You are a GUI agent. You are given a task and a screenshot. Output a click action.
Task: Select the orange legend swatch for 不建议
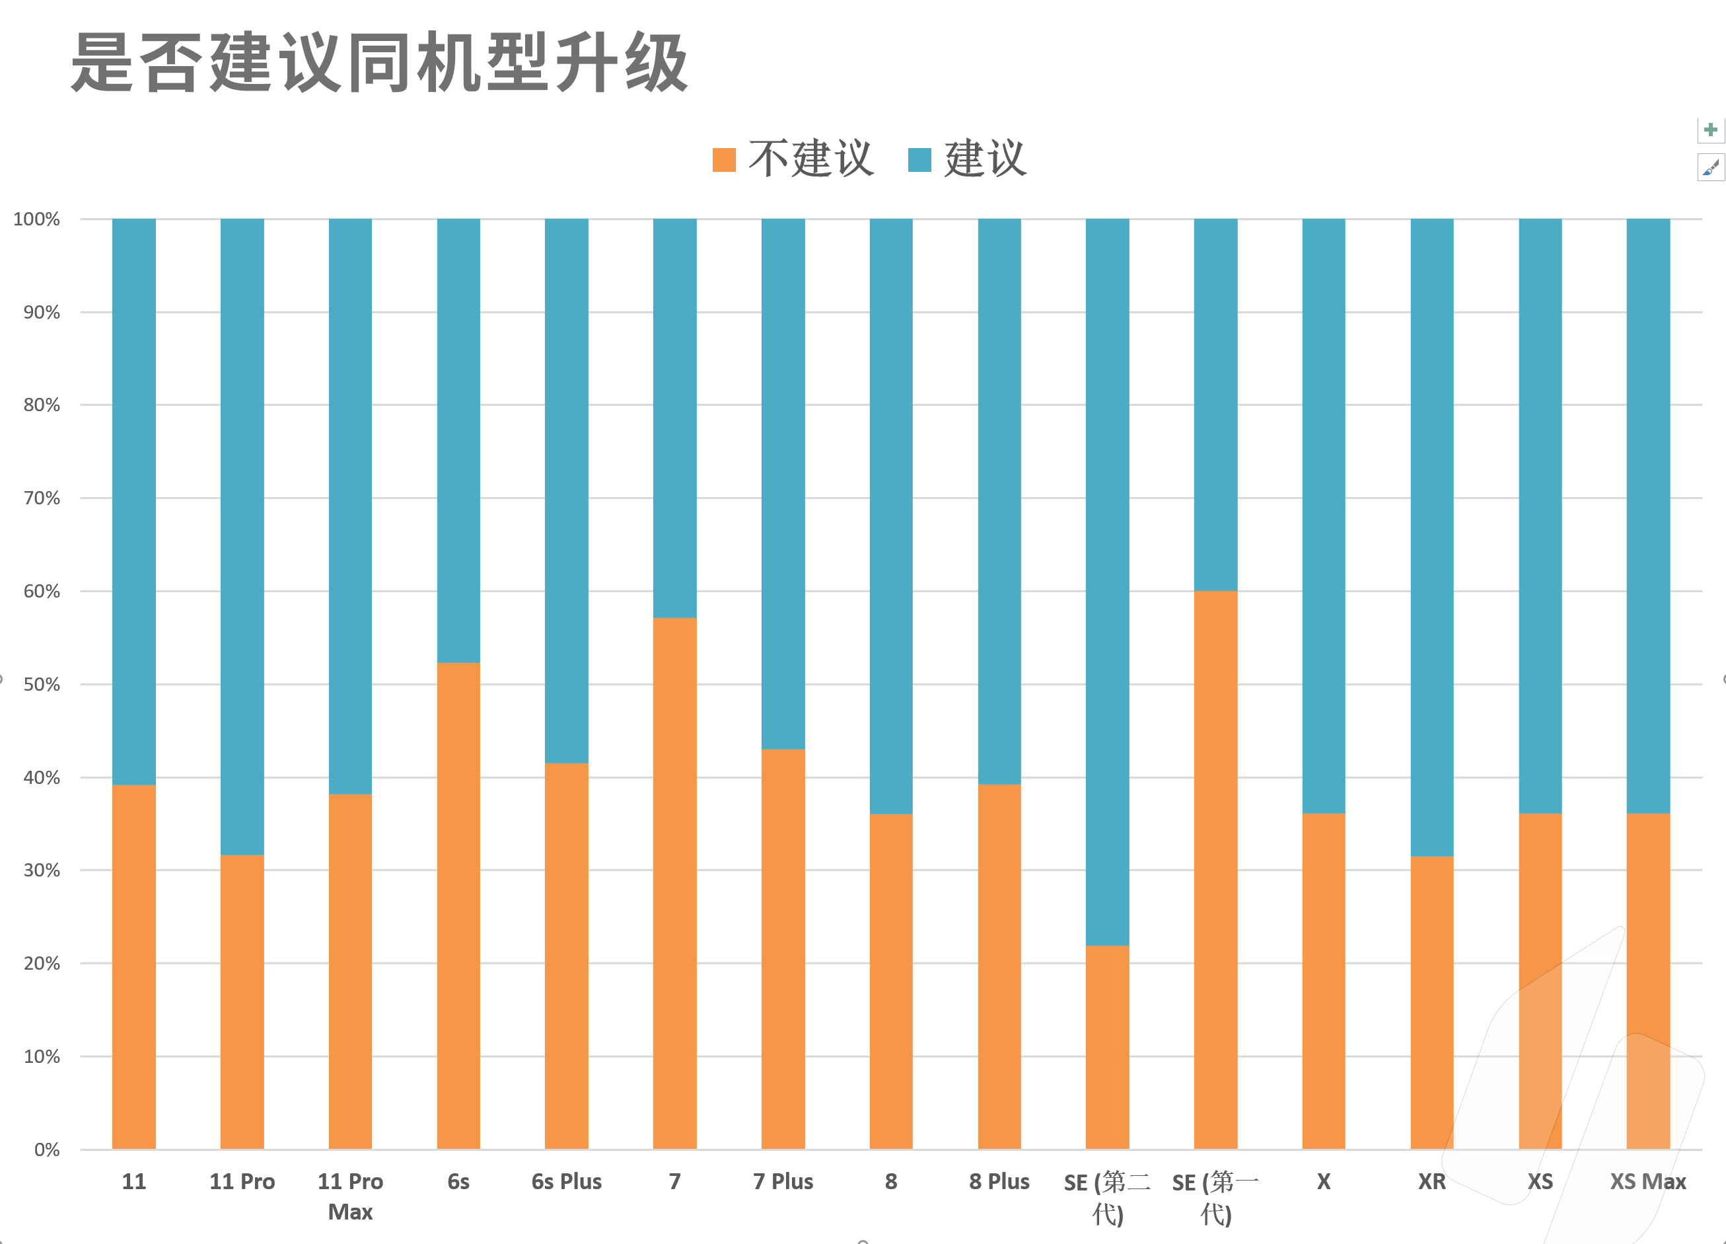pyautogui.click(x=724, y=160)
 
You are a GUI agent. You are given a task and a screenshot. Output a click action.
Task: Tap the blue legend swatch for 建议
pyautogui.click(x=919, y=160)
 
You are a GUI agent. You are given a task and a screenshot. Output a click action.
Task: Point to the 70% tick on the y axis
pyautogui.click(x=41, y=498)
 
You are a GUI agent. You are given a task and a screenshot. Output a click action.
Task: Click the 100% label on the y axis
pyautogui.click(x=36, y=219)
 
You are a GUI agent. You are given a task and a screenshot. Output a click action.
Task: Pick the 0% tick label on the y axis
pyautogui.click(x=46, y=1149)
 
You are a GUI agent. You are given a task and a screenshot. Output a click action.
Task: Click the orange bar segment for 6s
pyautogui.click(x=458, y=906)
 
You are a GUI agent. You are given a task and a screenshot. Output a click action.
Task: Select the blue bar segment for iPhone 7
pyautogui.click(x=674, y=418)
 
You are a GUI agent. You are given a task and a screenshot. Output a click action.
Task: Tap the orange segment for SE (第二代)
pyautogui.click(x=1107, y=1048)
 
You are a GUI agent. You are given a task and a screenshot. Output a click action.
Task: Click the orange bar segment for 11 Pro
pyautogui.click(x=242, y=1002)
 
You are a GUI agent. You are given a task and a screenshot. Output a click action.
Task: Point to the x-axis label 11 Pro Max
pyautogui.click(x=350, y=1196)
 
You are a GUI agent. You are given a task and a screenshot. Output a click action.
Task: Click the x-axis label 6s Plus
pyautogui.click(x=566, y=1182)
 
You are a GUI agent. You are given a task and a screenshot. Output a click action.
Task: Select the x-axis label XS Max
pyautogui.click(x=1647, y=1182)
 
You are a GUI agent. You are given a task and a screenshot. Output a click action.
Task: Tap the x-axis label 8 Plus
pyautogui.click(x=999, y=1182)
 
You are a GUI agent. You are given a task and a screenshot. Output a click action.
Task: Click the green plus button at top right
pyautogui.click(x=1710, y=130)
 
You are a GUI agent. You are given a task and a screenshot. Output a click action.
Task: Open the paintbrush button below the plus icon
pyautogui.click(x=1710, y=167)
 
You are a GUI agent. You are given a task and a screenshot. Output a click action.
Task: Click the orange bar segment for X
pyautogui.click(x=1324, y=982)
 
